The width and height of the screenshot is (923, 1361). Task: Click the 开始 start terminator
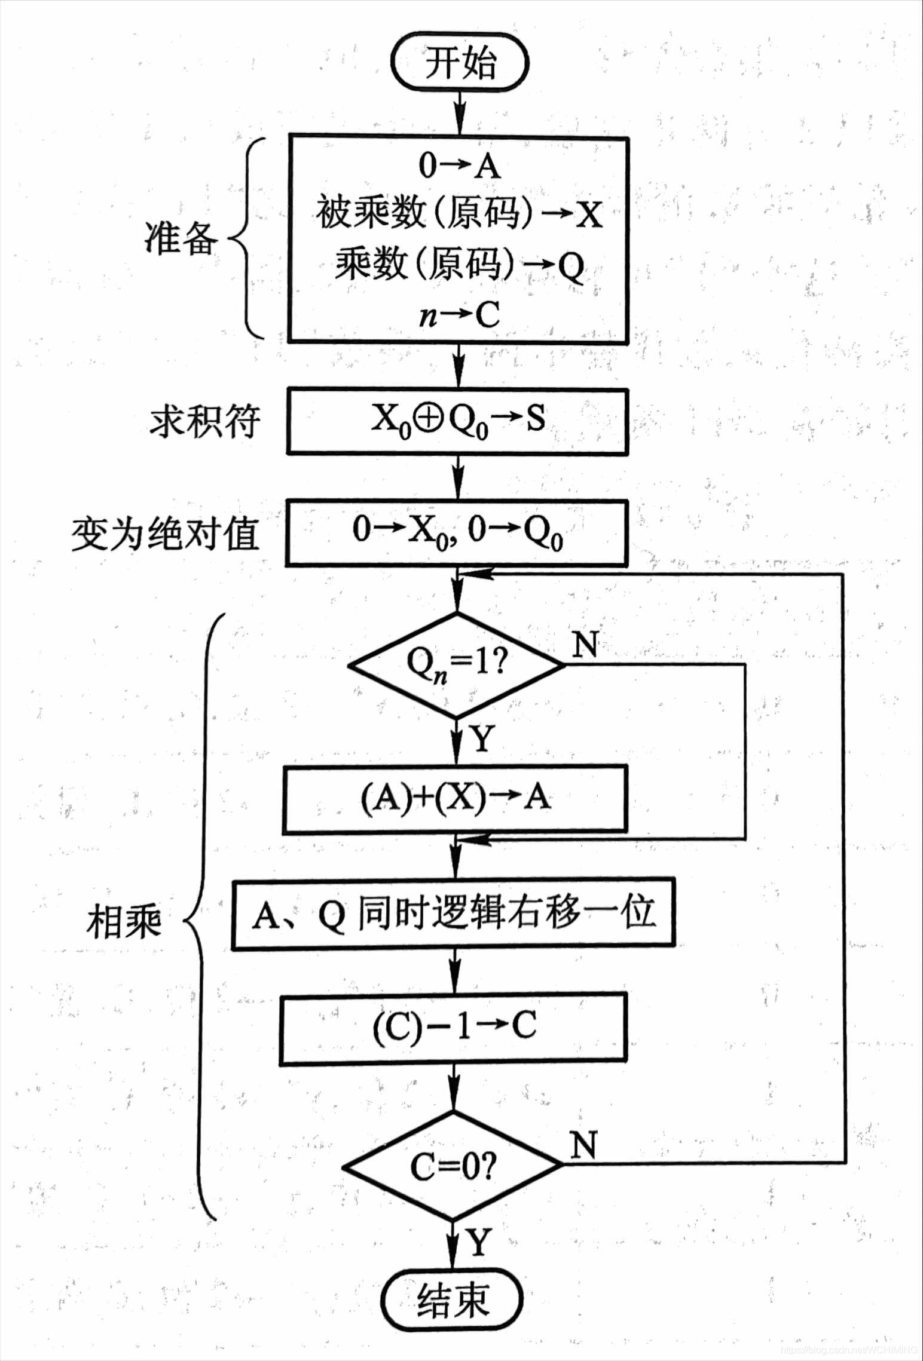(459, 63)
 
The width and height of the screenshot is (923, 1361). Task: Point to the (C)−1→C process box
(454, 1026)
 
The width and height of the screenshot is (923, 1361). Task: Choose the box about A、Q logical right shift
(453, 914)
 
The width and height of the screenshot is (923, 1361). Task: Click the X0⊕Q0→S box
(457, 421)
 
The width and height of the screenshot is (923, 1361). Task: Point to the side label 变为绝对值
(165, 534)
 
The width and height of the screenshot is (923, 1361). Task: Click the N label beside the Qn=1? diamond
(585, 645)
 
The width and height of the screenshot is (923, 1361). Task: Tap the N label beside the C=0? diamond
(583, 1145)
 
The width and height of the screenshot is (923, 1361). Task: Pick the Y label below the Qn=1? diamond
(482, 740)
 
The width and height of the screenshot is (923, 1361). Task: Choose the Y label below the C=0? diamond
(479, 1243)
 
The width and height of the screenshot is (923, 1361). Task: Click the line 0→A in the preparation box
(459, 165)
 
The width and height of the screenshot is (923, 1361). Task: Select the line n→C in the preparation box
(459, 314)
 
